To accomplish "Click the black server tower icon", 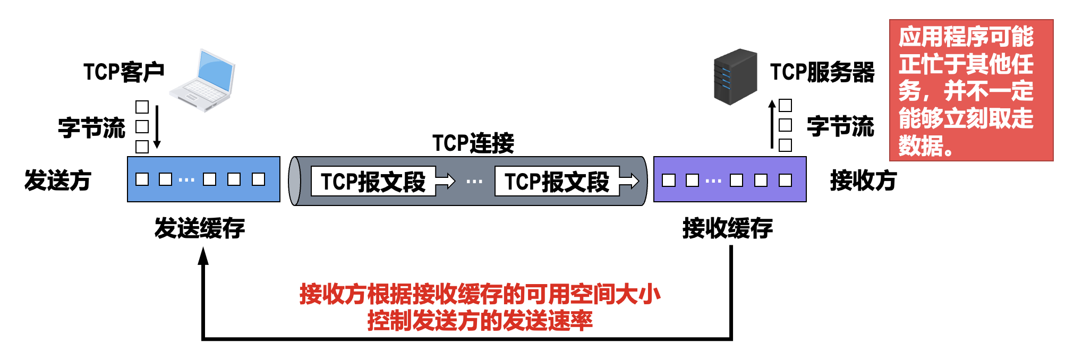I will tap(735, 76).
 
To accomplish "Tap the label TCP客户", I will tap(124, 72).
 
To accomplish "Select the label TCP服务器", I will tap(822, 72).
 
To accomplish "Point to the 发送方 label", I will tap(58, 181).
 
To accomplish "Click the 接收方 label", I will tap(863, 181).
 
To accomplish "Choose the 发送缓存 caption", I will tap(200, 228).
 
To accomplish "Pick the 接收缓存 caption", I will tap(727, 228).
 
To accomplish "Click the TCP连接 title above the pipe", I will tap(473, 143).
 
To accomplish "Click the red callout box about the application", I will tap(971, 90).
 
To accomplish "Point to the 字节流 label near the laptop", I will tap(91, 128).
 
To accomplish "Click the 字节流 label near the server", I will tap(840, 126).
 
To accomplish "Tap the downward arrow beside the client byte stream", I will tap(157, 127).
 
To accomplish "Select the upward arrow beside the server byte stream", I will tap(772, 125).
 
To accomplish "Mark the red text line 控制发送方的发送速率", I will tap(480, 321).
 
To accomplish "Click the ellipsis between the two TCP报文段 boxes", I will tap(474, 182).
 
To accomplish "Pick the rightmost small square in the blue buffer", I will tap(258, 179).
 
